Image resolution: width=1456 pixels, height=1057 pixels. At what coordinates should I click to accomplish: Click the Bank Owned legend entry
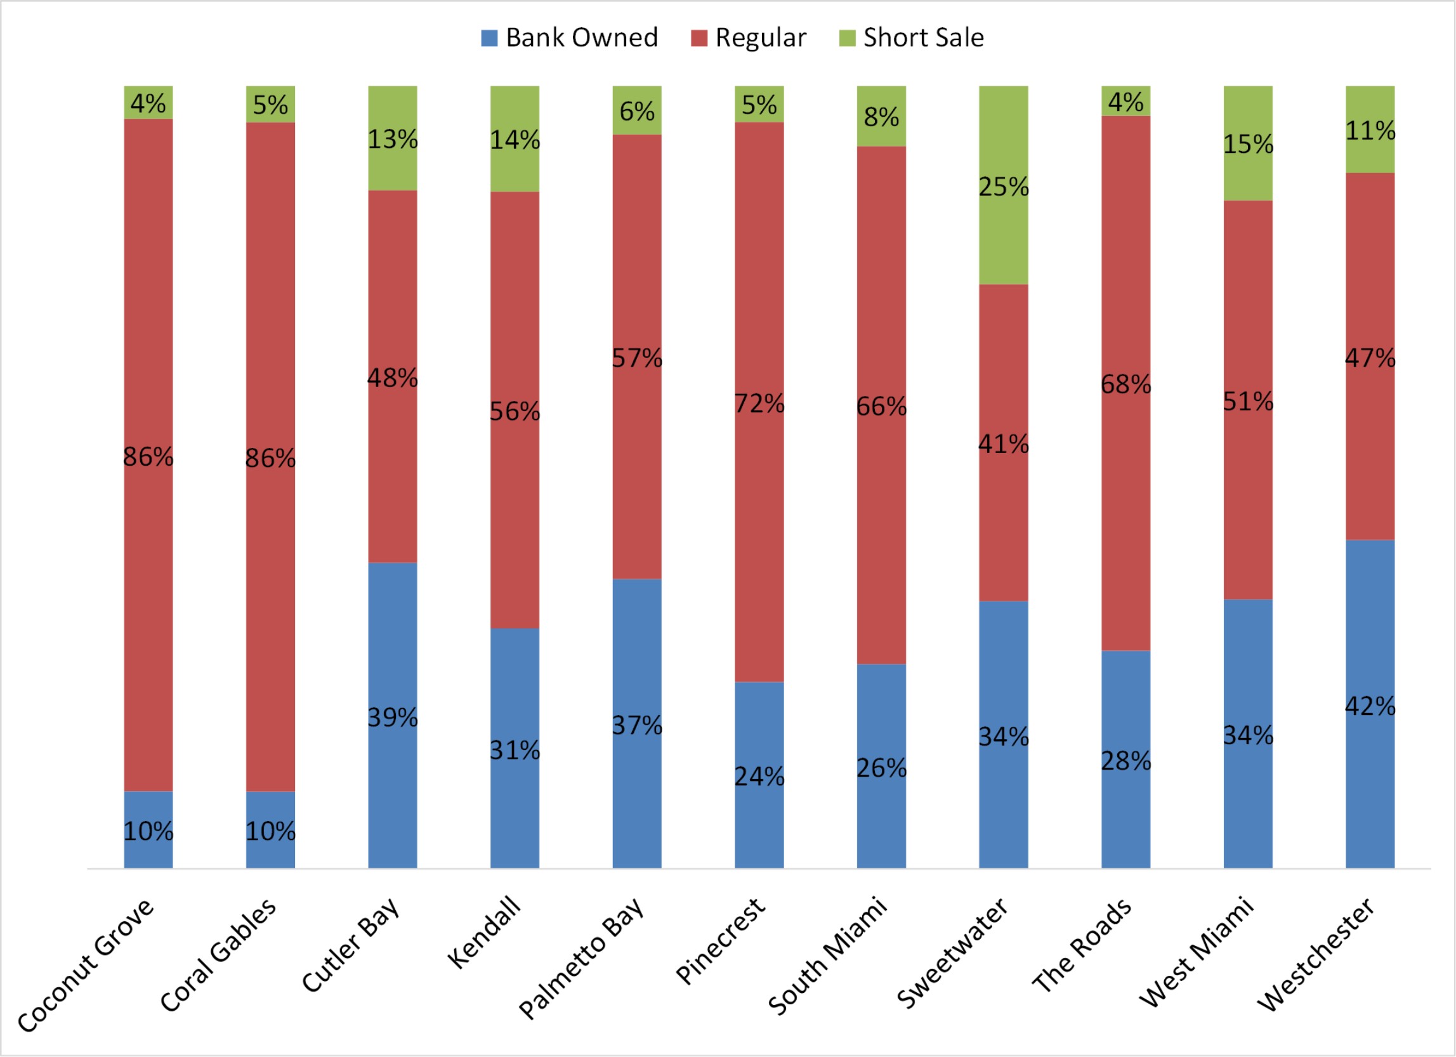pos(570,38)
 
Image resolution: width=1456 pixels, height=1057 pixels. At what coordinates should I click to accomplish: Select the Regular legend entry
pos(749,38)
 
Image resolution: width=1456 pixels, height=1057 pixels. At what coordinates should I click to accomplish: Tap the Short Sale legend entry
pos(912,38)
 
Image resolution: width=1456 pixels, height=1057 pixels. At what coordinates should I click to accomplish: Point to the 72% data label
pos(759,404)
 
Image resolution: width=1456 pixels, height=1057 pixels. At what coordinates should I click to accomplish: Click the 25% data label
pos(1004,187)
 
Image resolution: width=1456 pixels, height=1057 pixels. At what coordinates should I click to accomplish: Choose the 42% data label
pos(1370,706)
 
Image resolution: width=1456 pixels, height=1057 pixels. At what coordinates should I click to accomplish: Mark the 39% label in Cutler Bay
pos(392,718)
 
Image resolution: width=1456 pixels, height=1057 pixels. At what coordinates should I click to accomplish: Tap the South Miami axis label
pos(828,957)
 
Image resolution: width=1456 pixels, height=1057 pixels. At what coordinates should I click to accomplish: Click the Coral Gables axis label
pos(219,957)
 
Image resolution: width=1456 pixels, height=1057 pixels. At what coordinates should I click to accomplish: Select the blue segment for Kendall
pos(515,803)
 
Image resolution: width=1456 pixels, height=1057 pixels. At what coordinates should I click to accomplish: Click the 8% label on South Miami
pos(881,117)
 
